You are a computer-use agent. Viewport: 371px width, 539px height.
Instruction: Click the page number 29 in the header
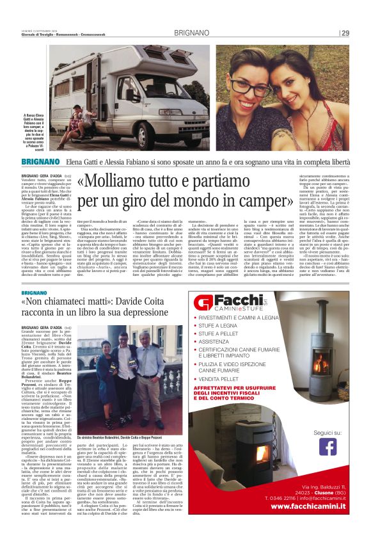345,33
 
